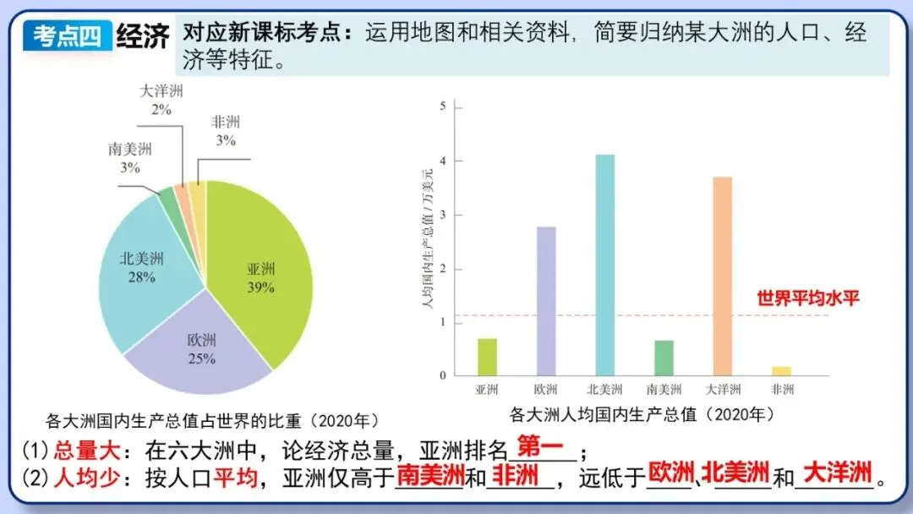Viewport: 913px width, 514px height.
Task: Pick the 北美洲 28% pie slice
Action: (x=141, y=267)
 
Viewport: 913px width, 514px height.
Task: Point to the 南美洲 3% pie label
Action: (x=129, y=158)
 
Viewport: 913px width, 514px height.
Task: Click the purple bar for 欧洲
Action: (x=546, y=300)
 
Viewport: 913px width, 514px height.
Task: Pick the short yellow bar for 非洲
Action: (x=782, y=370)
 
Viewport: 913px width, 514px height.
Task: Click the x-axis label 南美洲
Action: (x=664, y=390)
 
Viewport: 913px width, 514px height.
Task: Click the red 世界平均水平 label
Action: (x=807, y=298)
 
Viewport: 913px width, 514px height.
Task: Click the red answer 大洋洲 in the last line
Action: (x=837, y=473)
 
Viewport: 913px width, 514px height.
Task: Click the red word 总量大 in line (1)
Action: (x=83, y=450)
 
